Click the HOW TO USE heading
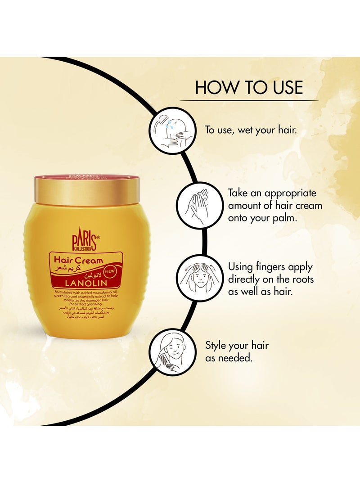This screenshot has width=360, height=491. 249,87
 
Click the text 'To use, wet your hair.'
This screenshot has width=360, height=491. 252,131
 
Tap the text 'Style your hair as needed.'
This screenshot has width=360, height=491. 237,351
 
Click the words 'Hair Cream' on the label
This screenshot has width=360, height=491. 79,260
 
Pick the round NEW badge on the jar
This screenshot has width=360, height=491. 110,271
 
